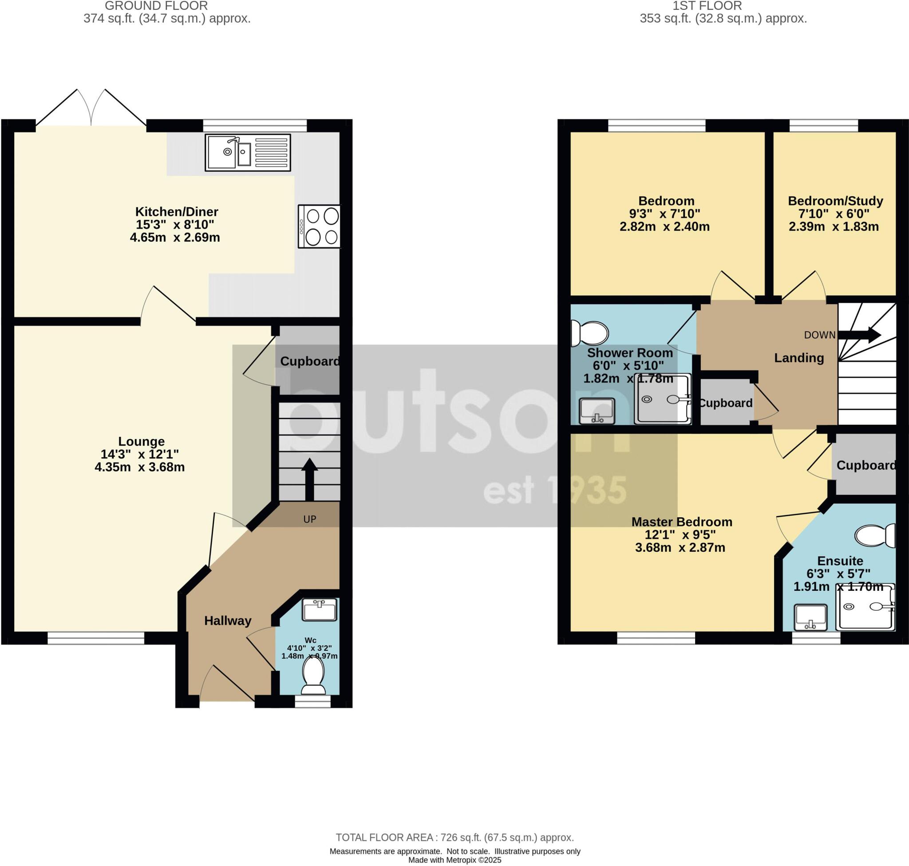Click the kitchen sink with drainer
[x=248, y=153]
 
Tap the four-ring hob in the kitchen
[x=320, y=226]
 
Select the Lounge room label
[x=141, y=441]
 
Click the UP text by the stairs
[x=309, y=519]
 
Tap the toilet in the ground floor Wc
[x=313, y=674]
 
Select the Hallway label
[x=228, y=621]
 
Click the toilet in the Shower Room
[x=589, y=333]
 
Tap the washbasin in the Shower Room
[x=597, y=411]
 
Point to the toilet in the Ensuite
[x=875, y=535]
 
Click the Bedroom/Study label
[x=835, y=201]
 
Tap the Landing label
[x=798, y=358]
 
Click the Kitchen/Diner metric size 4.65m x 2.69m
[x=174, y=237]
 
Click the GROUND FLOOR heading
[x=156, y=6]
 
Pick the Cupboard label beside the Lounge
[x=309, y=361]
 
